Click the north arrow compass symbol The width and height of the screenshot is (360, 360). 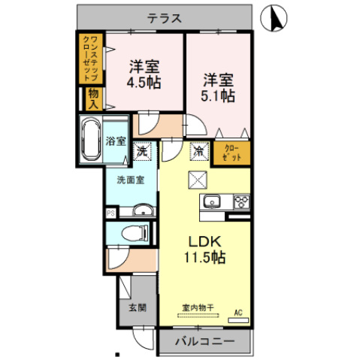coord(275,18)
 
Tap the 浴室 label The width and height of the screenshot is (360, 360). coord(116,141)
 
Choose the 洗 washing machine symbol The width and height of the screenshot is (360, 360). coord(143,151)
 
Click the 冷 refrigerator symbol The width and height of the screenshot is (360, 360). coord(198,151)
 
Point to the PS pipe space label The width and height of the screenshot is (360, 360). coord(110,213)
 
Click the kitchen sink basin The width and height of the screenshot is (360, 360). coord(211,201)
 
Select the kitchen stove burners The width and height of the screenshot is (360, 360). coord(241,201)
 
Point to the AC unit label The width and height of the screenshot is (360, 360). coord(238,310)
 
